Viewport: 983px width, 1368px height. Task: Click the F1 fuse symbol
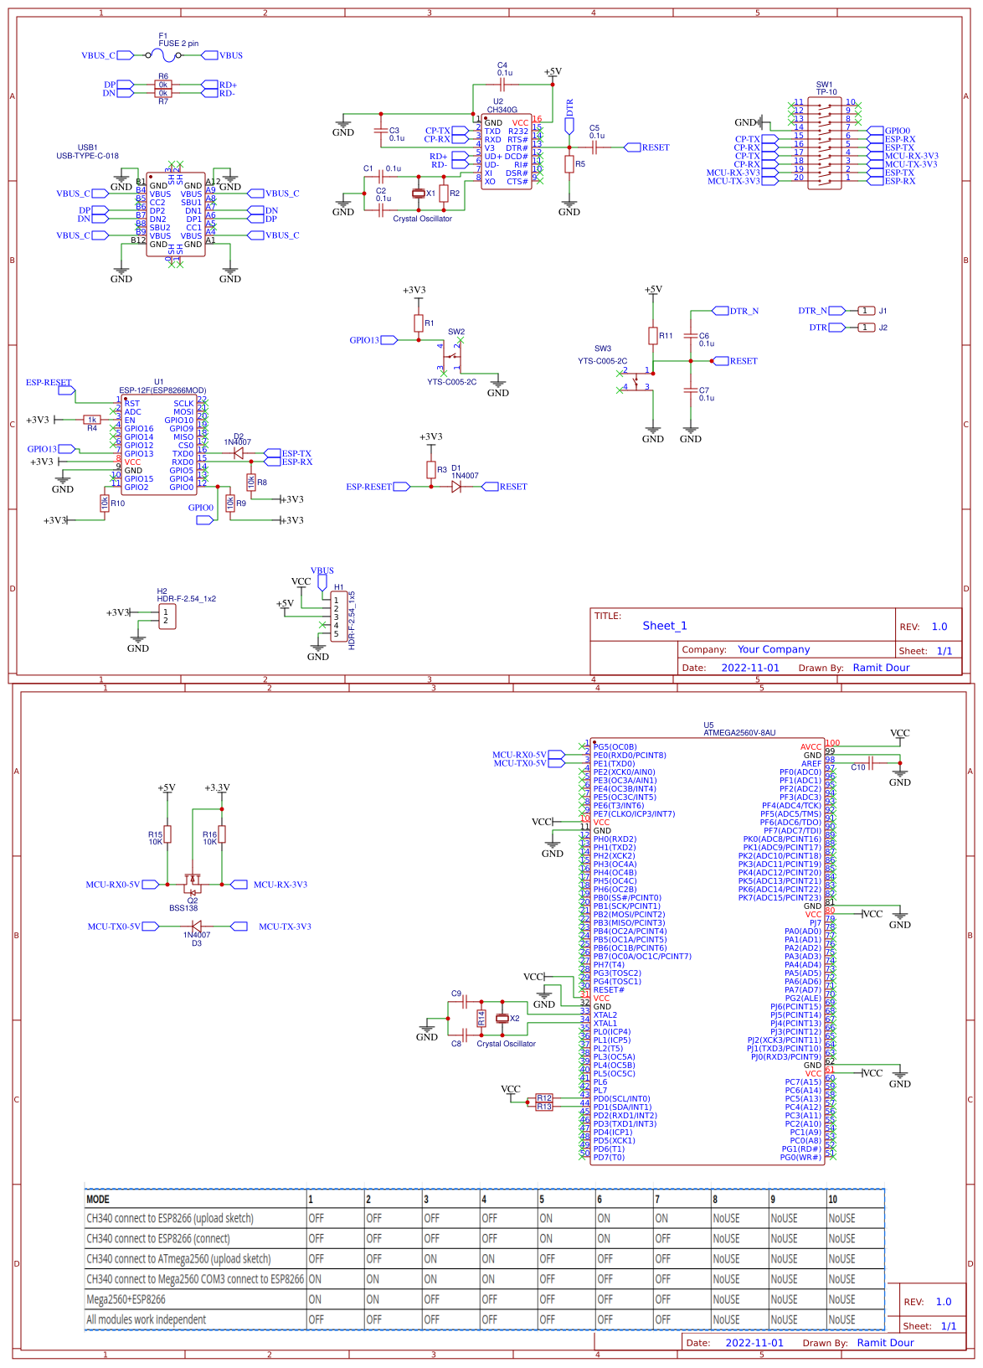(x=165, y=55)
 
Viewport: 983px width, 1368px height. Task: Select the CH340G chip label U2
(x=498, y=101)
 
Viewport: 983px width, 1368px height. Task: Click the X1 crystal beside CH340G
(x=419, y=194)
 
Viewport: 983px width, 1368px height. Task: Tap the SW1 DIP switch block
(x=825, y=143)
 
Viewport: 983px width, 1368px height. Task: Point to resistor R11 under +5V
(x=653, y=336)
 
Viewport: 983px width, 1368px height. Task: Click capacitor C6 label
(x=704, y=336)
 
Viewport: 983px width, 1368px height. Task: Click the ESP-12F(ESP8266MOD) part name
(x=162, y=390)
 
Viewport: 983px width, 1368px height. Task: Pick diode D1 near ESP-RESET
(x=456, y=487)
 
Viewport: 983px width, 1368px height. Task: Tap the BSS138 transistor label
(x=183, y=908)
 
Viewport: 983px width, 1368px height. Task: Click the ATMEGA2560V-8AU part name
(x=739, y=733)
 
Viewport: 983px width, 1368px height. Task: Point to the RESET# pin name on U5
(x=609, y=990)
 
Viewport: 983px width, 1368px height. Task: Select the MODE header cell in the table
(x=98, y=1200)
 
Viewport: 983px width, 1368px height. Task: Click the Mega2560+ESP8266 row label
(x=126, y=1299)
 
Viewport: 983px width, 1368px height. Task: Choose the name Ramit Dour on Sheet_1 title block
(x=881, y=668)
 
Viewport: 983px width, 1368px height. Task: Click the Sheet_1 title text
(x=665, y=626)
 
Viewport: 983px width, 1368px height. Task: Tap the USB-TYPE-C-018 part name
(x=87, y=156)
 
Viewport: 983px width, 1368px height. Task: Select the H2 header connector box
(x=167, y=617)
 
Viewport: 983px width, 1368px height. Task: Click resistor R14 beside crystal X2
(x=481, y=1019)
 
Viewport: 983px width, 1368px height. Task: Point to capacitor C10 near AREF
(x=871, y=763)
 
